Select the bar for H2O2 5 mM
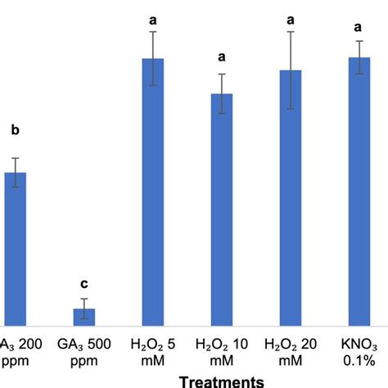tap(153, 192)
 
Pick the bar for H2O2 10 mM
tap(222, 210)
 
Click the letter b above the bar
tap(15, 129)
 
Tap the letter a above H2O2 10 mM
tap(222, 58)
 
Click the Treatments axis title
tap(221, 380)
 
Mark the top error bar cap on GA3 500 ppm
tap(84, 299)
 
